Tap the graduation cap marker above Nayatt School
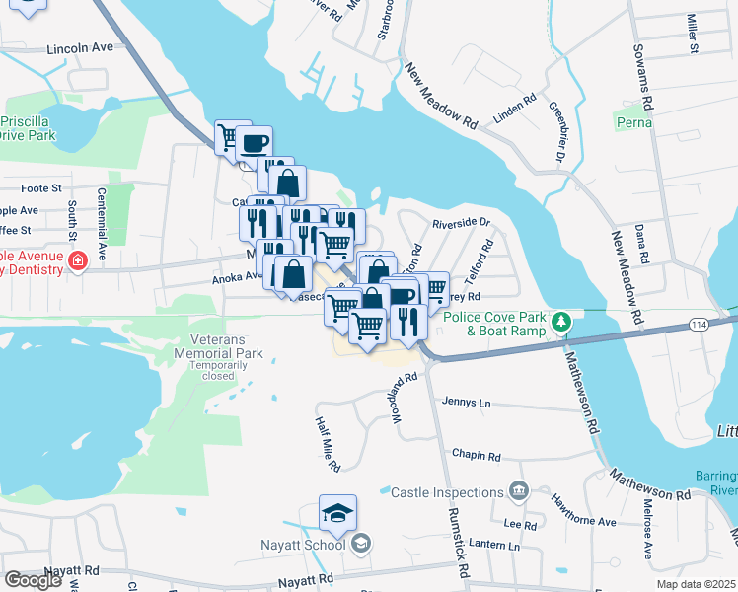337,514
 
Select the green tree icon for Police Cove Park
561,322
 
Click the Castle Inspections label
447,491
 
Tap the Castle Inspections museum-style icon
518,491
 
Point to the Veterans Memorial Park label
219,345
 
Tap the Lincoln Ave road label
81,47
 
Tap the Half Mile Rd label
328,442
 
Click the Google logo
33,580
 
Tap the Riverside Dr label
461,222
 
